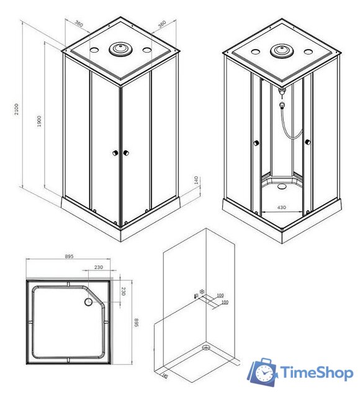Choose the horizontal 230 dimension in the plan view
pos(97,268)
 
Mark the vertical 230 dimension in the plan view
pos(123,291)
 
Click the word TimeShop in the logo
pos(317,373)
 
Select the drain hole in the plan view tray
pos(88,302)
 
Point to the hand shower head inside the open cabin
pos(283,91)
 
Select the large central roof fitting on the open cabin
pos(281,50)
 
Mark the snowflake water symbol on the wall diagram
pos(202,292)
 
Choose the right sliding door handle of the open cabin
pos(307,145)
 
